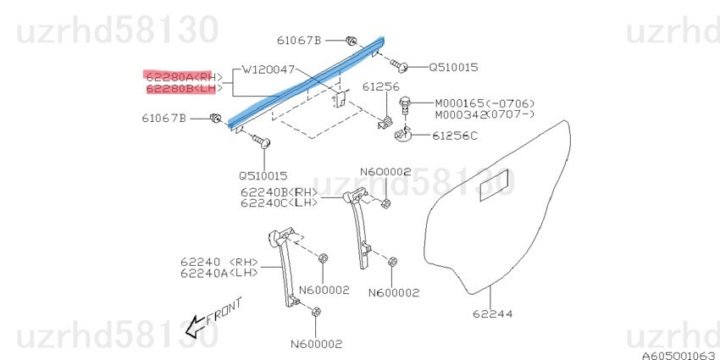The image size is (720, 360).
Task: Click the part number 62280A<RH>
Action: click(x=184, y=77)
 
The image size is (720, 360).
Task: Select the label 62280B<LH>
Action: click(x=184, y=89)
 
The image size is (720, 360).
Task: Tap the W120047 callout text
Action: click(x=269, y=70)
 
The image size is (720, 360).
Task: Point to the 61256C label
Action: click(x=454, y=136)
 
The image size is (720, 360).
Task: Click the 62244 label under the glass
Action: click(x=492, y=314)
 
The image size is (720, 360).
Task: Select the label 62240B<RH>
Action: click(x=280, y=191)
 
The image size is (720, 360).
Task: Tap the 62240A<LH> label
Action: click(x=219, y=274)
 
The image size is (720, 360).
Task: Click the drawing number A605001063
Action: click(x=680, y=356)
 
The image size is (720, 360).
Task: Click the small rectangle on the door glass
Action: click(x=494, y=186)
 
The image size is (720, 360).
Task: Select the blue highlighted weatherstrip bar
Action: click(x=306, y=83)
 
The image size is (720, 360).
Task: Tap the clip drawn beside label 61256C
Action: click(x=402, y=135)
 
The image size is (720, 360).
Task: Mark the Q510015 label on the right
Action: click(x=453, y=68)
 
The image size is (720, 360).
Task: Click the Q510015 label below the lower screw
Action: click(x=263, y=176)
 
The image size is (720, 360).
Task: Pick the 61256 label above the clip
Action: click(x=381, y=86)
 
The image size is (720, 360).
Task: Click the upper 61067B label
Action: click(x=299, y=41)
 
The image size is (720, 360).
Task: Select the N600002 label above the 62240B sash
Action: click(x=385, y=172)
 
